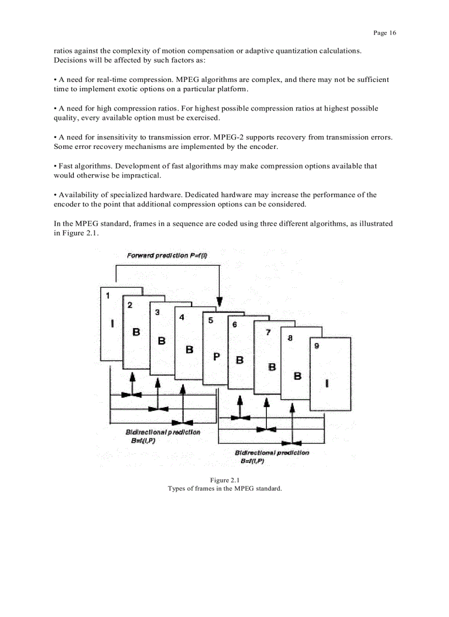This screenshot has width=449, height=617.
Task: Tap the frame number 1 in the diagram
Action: coord(108,295)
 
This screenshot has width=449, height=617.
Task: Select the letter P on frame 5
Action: coord(216,356)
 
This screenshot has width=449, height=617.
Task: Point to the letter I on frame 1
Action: coord(112,324)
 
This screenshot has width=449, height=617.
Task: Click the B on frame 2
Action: coord(136,332)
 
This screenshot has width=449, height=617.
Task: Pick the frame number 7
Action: coord(268,332)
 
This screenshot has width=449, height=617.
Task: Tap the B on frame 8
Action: coord(298,376)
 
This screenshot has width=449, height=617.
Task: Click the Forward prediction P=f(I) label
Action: coord(167,255)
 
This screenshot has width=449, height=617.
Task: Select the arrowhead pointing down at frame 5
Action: coord(220,302)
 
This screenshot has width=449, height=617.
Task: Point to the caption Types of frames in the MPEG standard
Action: coord(225,488)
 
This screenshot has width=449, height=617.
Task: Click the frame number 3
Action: coord(157,312)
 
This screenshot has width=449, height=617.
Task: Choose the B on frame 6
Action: coord(240,360)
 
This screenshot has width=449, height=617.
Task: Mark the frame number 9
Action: coord(316,346)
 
